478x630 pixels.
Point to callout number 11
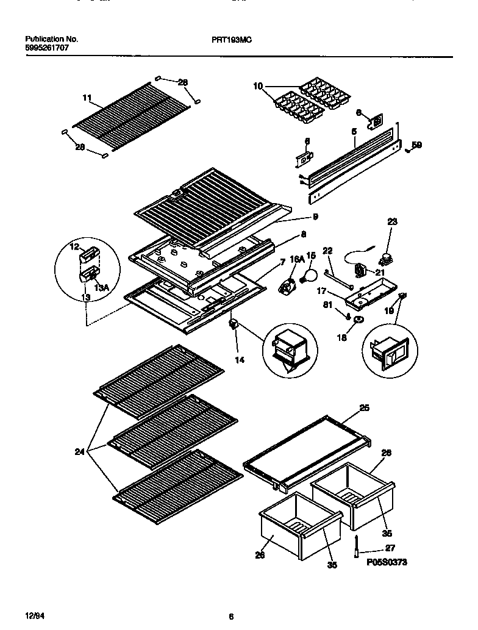pyautogui.click(x=87, y=97)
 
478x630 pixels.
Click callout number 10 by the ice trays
pyautogui.click(x=258, y=87)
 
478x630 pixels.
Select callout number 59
pyautogui.click(x=416, y=145)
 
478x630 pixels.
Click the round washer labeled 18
pyautogui.click(x=358, y=320)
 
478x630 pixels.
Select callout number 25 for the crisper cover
pyautogui.click(x=364, y=408)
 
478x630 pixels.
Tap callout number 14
pyautogui.click(x=240, y=360)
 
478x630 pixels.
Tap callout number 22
pyautogui.click(x=327, y=251)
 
